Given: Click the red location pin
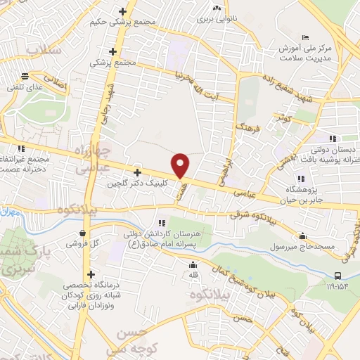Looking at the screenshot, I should [181, 165].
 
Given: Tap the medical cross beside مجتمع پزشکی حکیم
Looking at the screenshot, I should [123, 11].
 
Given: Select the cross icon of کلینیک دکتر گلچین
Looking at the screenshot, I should [137, 172].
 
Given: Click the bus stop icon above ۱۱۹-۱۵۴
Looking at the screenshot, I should [338, 275].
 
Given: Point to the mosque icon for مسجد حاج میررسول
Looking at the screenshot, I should [303, 236].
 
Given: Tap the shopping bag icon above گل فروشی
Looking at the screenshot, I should [84, 233].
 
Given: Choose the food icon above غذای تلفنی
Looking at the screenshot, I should [25, 75].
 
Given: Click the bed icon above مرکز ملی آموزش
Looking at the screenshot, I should [304, 37].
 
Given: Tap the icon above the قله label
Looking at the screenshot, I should [193, 264].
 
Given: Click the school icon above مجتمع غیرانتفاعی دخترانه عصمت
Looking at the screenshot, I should [21, 148].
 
